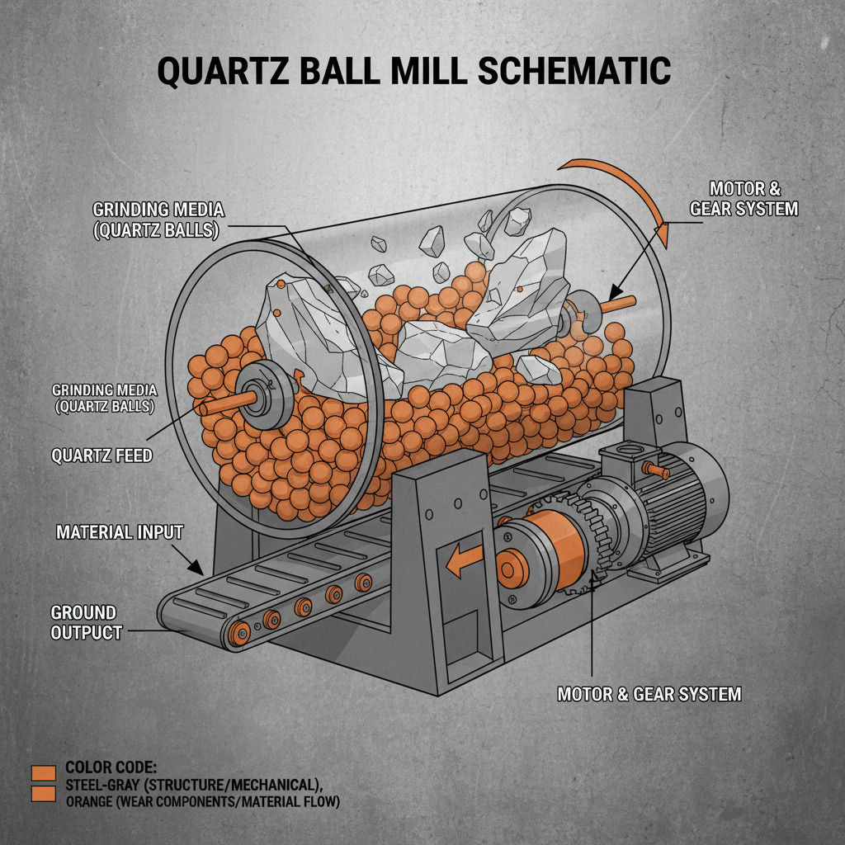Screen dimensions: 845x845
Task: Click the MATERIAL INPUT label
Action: [119, 532]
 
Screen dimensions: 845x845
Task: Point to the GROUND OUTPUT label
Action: [86, 623]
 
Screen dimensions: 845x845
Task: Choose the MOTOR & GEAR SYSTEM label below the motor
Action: [649, 694]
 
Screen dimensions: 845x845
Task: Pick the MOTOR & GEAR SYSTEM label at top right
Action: [743, 198]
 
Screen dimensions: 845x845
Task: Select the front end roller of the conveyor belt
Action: [241, 634]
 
